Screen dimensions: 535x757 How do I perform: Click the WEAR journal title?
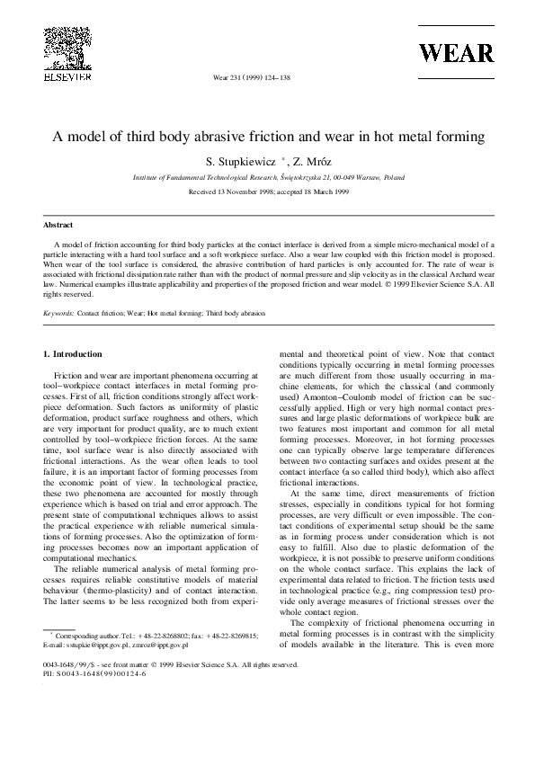click(455, 52)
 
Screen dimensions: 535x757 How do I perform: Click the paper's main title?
click(267, 138)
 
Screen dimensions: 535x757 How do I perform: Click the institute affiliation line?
click(267, 179)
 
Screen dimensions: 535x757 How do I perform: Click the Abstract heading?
click(58, 225)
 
